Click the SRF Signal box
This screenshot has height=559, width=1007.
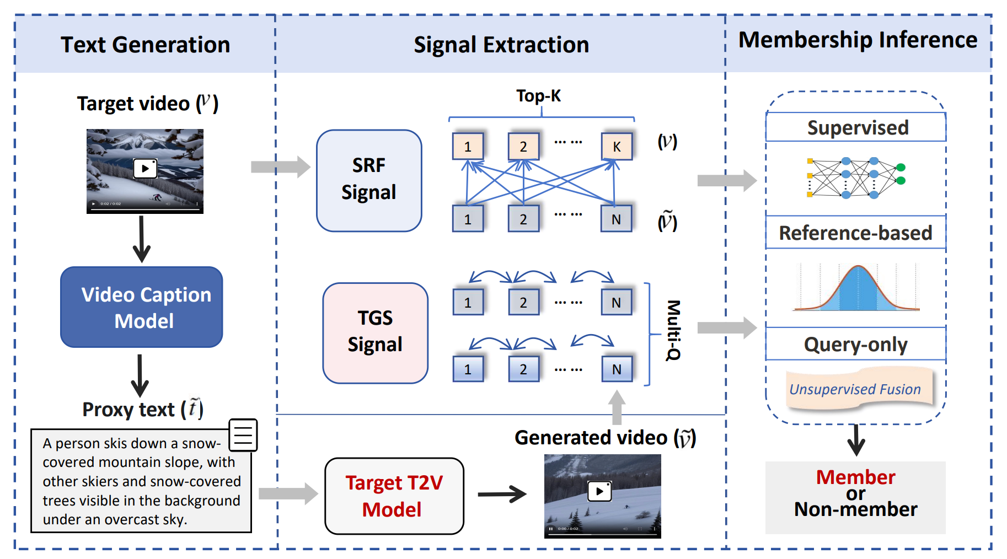pyautogui.click(x=368, y=180)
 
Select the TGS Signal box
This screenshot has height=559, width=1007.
pyautogui.click(x=375, y=332)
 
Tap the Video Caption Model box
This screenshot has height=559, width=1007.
pyautogui.click(x=142, y=307)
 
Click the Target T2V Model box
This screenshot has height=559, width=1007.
pyautogui.click(x=394, y=496)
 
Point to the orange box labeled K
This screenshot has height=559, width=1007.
pyautogui.click(x=617, y=146)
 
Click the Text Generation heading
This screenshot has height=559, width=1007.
pyautogui.click(x=145, y=45)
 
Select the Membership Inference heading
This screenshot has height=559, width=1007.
pyautogui.click(x=858, y=40)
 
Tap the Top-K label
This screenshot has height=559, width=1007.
pyautogui.click(x=538, y=96)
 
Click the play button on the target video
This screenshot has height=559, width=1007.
pyautogui.click(x=145, y=168)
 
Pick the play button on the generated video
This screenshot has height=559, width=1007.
pyautogui.click(x=599, y=491)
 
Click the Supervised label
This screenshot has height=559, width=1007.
pyautogui.click(x=858, y=128)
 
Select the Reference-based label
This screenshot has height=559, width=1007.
pyautogui.click(x=855, y=233)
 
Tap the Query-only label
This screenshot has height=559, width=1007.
pyautogui.click(x=855, y=345)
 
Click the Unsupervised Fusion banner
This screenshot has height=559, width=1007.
pyautogui.click(x=855, y=389)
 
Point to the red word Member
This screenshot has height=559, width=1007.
pyautogui.click(x=855, y=477)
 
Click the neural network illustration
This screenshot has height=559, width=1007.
pyautogui.click(x=855, y=178)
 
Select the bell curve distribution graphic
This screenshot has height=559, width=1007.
pyautogui.click(x=856, y=288)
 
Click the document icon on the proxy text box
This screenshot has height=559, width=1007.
pyautogui.click(x=243, y=435)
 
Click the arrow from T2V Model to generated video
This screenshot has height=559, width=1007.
pyautogui.click(x=502, y=494)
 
